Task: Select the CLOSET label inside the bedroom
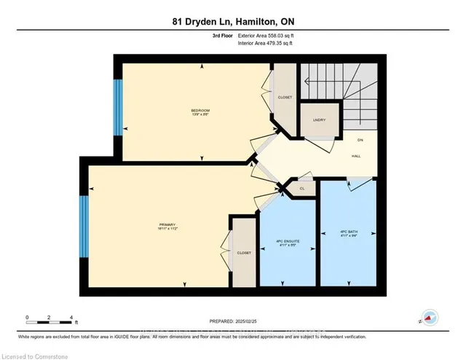click(x=284, y=96)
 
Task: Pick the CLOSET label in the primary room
click(x=244, y=252)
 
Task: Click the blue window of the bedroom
click(x=118, y=107)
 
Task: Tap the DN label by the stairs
click(x=360, y=140)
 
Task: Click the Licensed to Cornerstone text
click(x=36, y=353)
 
